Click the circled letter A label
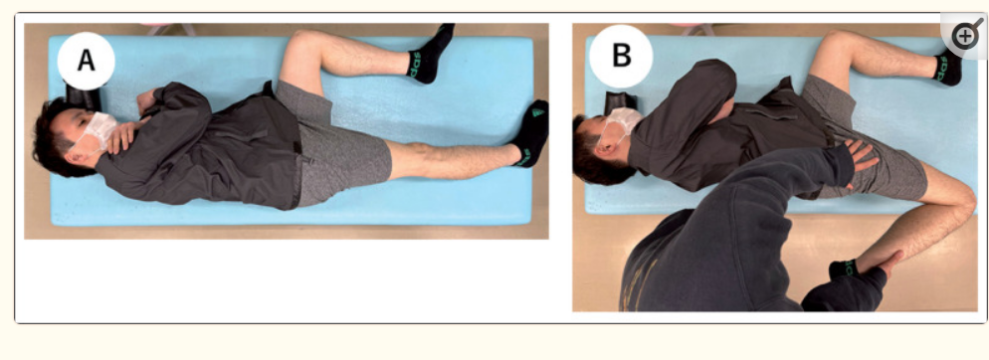point(86,61)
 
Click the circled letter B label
point(621,56)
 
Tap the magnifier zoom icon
point(965,36)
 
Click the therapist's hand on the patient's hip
point(859,156)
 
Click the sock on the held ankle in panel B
point(843,270)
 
